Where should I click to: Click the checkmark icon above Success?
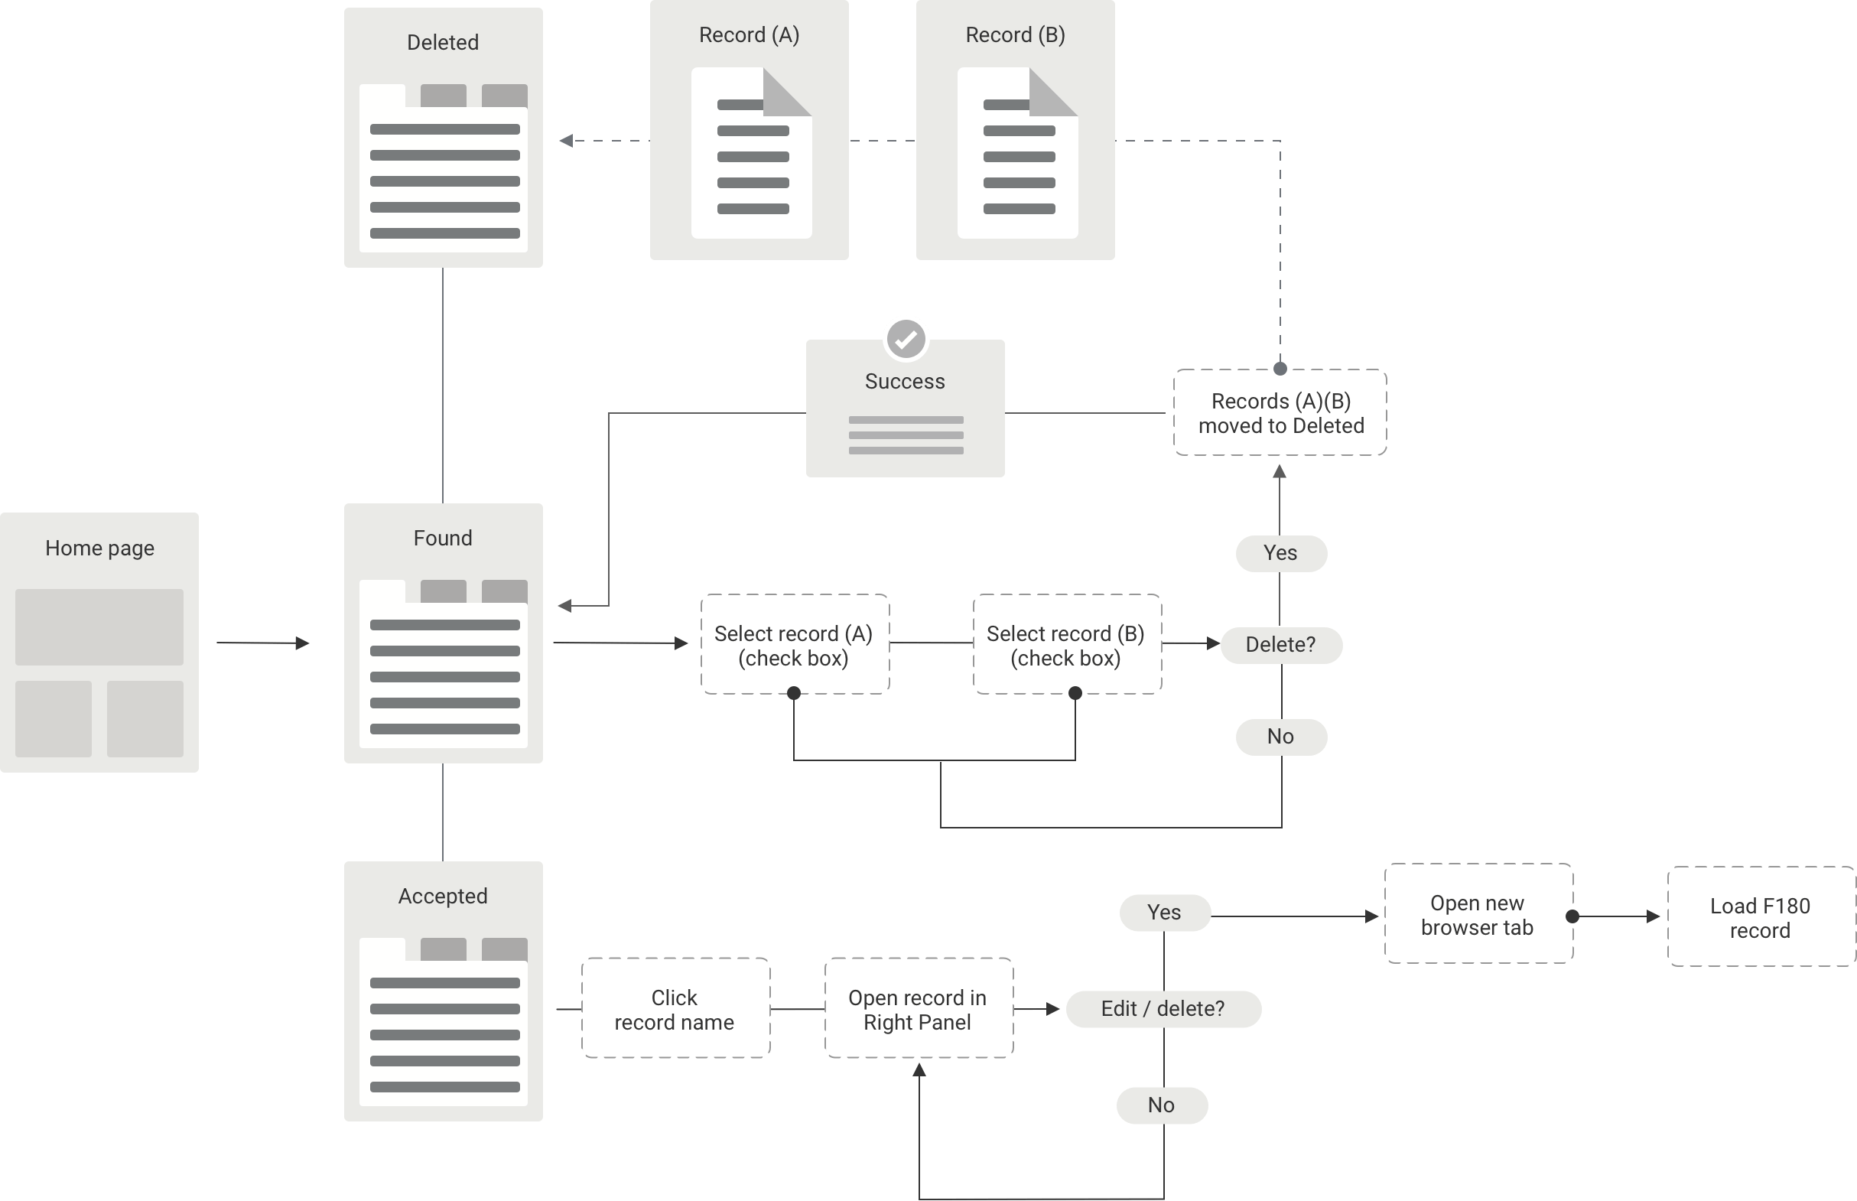905,339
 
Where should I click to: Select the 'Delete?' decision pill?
1281,645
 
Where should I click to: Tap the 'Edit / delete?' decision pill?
1163,1009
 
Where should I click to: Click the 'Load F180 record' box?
1761,917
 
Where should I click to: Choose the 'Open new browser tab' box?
1478,914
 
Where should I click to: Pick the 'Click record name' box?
675,1009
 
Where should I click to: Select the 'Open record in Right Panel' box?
919,1009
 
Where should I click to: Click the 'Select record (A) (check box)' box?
795,645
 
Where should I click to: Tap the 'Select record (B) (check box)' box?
1066,645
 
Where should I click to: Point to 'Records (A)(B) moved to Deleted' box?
1280,412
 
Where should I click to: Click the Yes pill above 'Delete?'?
1281,553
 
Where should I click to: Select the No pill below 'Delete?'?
1281,737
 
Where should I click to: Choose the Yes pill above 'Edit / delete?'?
1165,913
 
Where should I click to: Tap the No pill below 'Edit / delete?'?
1162,1105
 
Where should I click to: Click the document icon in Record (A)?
752,153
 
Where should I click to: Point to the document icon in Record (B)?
1017,153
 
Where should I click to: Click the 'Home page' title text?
99,548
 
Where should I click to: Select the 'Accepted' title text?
443,896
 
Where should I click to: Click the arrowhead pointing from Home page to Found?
302,643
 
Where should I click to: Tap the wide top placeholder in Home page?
99,627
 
